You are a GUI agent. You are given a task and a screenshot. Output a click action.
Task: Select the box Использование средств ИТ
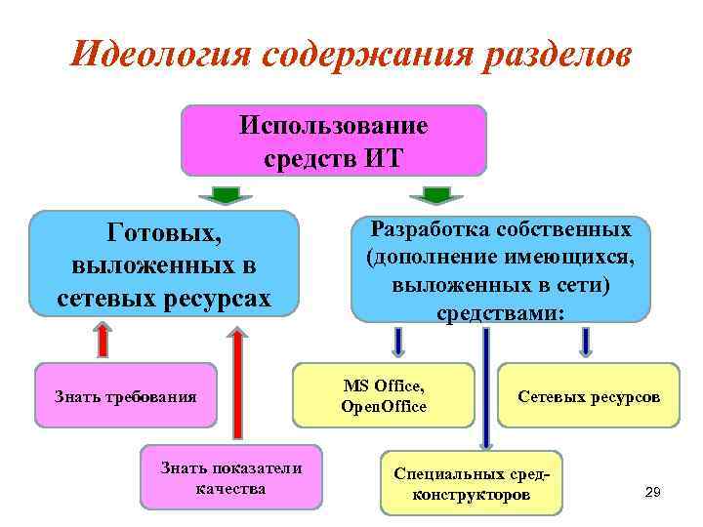tap(333, 142)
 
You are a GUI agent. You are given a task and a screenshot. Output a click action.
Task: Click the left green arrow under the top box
tap(226, 194)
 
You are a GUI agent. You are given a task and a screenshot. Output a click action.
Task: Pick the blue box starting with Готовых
tap(164, 263)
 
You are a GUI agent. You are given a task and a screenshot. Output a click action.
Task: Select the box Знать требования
tap(125, 396)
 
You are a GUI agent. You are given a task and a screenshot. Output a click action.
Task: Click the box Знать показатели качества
tap(230, 477)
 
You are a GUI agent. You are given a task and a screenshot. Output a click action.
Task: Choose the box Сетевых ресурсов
tap(588, 396)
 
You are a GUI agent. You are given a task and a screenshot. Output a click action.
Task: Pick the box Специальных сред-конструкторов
tap(471, 483)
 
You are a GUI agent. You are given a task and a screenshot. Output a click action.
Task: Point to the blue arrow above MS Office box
tap(398, 342)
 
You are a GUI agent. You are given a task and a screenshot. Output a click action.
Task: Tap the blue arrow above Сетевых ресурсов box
tap(586, 342)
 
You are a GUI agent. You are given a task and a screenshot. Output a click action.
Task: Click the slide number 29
tap(653, 494)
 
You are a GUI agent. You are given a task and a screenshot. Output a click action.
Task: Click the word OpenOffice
tap(384, 406)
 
